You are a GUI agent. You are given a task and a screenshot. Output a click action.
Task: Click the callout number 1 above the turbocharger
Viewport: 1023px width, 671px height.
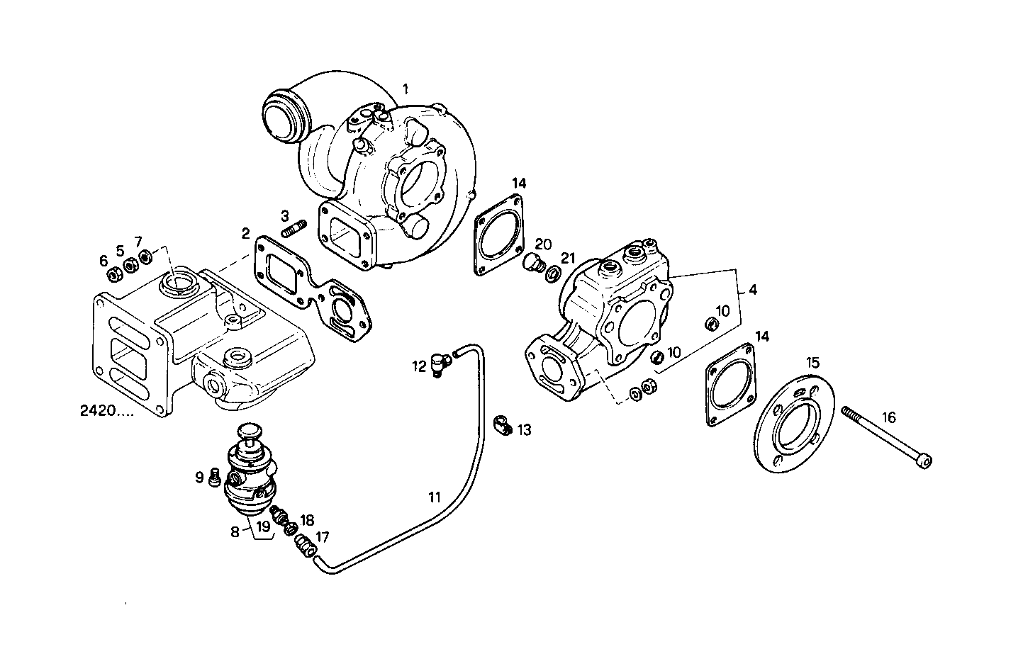[x=406, y=89]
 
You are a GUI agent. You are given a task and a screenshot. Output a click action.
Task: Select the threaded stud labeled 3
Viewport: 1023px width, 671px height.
[x=294, y=229]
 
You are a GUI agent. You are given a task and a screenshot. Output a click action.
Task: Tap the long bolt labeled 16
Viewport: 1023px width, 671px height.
[x=886, y=436]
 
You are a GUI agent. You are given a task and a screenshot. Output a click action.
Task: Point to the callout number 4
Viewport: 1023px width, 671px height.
[x=752, y=289]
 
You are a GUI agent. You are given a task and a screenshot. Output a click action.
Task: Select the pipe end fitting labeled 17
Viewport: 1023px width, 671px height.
[x=304, y=546]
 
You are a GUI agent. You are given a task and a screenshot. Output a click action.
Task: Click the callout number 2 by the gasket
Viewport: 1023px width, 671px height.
[x=245, y=233]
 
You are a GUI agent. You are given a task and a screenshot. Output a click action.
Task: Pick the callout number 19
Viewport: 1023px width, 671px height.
[x=263, y=526]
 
